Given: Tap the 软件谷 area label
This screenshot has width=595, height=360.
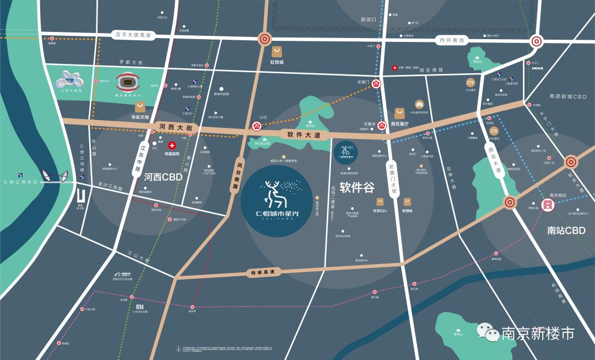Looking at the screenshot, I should [x=356, y=187].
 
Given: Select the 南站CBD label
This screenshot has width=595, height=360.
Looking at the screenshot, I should [x=566, y=230].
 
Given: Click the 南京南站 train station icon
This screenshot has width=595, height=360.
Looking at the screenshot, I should [x=548, y=205].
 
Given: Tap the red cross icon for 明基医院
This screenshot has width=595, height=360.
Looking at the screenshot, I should [x=172, y=146].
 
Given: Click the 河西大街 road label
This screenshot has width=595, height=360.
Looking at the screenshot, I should [x=175, y=127].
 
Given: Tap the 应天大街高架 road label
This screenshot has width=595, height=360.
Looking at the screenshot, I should [x=133, y=35].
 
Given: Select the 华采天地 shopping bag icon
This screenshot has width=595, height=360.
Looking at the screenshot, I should [x=140, y=106].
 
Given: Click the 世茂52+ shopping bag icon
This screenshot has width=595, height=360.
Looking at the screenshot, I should [x=380, y=201].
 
